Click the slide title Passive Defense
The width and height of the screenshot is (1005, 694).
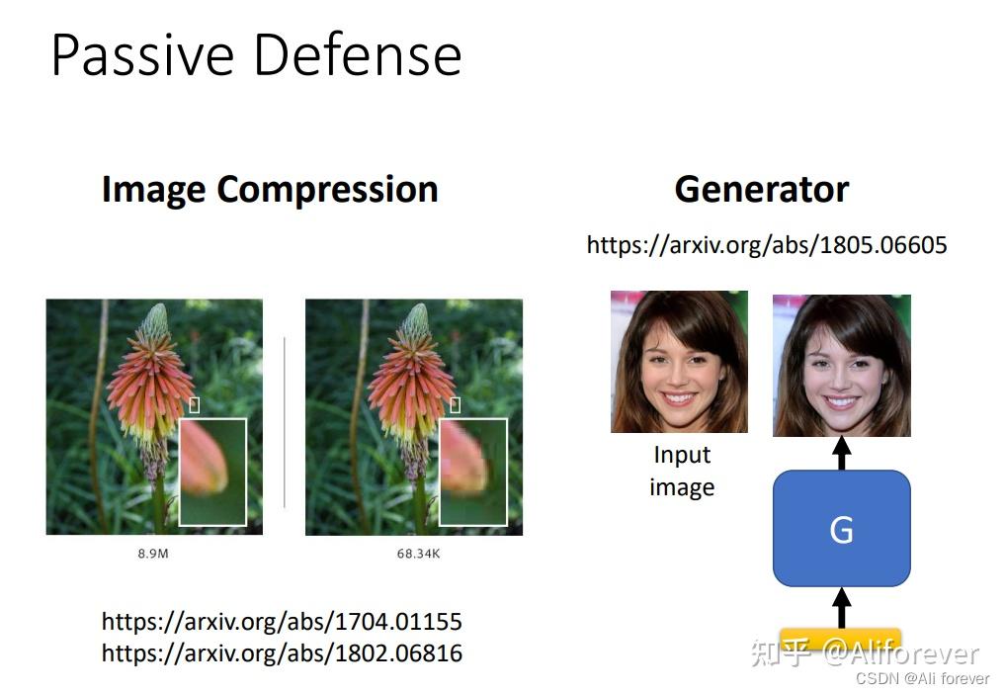pos(256,55)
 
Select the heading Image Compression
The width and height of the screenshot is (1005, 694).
pos(269,189)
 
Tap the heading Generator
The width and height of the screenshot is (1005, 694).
pos(761,189)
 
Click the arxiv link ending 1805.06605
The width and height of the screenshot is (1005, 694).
pos(766,244)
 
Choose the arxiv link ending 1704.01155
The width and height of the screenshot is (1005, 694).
pos(282,622)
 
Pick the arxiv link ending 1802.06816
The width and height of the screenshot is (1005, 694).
pos(282,652)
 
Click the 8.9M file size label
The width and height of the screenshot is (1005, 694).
pos(152,554)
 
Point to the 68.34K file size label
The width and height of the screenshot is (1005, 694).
pos(418,554)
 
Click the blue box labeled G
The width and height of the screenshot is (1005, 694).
pos(841,529)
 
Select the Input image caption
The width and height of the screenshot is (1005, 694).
pos(681,471)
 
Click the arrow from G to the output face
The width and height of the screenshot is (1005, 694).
pos(841,453)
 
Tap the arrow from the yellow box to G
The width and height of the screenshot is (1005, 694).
pos(841,605)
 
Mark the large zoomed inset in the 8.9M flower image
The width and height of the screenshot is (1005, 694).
pos(212,472)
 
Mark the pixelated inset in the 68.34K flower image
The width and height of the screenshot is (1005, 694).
pos(472,472)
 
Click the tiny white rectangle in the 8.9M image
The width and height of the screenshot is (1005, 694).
pos(194,404)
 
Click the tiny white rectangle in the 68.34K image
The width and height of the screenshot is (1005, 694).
pos(455,404)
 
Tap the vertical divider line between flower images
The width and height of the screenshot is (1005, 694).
pos(285,421)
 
